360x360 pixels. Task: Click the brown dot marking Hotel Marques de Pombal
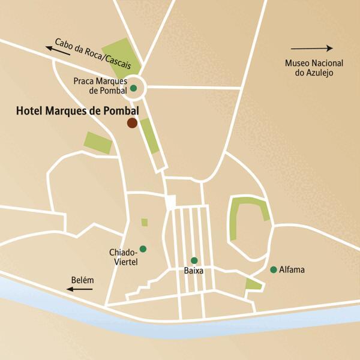[x=131, y=123]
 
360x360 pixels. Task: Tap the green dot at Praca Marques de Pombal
[x=133, y=89]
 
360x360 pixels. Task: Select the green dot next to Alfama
[x=274, y=269]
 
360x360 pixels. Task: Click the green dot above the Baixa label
[x=194, y=260]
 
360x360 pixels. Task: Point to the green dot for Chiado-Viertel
[x=143, y=249]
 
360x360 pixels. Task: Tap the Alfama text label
[x=292, y=270]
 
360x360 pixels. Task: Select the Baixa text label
[x=194, y=271]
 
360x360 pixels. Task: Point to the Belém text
[x=82, y=280]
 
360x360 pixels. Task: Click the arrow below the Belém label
[x=79, y=289]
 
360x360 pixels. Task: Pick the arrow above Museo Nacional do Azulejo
[x=311, y=48]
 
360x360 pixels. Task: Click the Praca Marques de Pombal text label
[x=100, y=85]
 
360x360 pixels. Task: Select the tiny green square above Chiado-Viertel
[x=145, y=223]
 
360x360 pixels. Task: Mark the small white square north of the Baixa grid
[x=171, y=202]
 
